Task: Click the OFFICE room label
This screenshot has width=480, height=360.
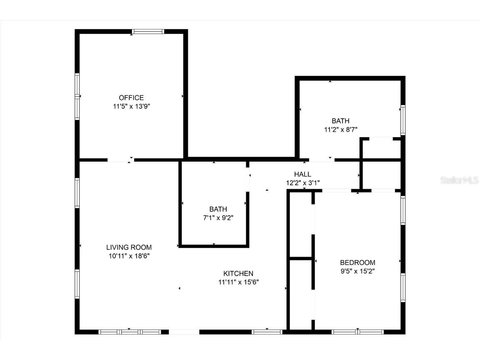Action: [x=131, y=98]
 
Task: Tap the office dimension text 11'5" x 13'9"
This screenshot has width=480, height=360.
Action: [x=131, y=106]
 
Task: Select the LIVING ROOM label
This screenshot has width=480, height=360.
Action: [x=129, y=247]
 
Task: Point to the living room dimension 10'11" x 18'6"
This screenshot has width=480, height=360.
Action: [x=129, y=256]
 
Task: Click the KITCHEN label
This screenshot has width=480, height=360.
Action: [x=238, y=273]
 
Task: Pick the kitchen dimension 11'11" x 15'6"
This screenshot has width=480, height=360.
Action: [x=238, y=282]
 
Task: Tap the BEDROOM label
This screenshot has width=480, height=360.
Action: [x=357, y=262]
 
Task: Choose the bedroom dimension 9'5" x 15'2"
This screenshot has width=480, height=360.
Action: [x=357, y=271]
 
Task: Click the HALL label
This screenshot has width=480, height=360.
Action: [x=302, y=174]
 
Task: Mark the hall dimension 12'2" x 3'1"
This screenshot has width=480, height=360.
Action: [x=302, y=182]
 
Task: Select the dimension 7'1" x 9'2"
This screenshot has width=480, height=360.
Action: [x=218, y=217]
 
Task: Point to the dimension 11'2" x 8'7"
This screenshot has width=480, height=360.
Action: [x=340, y=130]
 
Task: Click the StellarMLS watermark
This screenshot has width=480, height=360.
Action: [x=460, y=180]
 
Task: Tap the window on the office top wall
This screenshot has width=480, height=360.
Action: [x=148, y=31]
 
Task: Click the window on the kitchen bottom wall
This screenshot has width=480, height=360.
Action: [x=267, y=332]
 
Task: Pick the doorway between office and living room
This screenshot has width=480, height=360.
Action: [x=121, y=160]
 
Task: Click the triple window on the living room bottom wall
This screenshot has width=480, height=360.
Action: [x=130, y=332]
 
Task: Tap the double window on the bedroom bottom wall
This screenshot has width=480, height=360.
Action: [x=357, y=332]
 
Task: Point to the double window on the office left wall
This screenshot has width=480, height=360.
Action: [x=77, y=97]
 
